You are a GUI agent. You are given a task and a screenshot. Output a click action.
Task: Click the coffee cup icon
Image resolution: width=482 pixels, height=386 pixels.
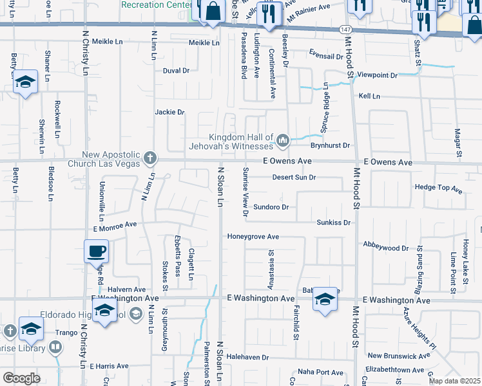click(97, 251)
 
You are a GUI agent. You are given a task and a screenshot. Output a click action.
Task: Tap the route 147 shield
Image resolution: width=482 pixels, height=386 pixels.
click(346, 30)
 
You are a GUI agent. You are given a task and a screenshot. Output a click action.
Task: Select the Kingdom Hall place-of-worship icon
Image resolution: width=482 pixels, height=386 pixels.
click(282, 140)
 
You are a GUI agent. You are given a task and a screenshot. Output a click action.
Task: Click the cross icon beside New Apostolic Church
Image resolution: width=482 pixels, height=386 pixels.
click(149, 158)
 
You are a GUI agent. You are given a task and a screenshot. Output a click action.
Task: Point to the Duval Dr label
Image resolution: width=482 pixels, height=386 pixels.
click(176, 71)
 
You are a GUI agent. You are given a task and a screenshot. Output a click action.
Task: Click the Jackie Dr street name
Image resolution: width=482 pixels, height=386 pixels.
click(169, 112)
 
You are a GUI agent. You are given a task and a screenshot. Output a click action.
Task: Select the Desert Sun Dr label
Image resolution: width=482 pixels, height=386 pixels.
click(294, 177)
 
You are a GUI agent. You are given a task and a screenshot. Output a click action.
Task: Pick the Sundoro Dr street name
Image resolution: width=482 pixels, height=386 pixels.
click(271, 207)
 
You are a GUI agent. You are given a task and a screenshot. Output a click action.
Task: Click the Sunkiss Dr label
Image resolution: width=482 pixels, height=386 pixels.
click(333, 223)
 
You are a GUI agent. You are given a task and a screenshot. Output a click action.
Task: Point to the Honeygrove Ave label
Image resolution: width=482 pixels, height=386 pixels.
click(253, 237)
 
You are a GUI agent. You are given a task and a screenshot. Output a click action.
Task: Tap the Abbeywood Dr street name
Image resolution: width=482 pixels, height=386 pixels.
click(386, 248)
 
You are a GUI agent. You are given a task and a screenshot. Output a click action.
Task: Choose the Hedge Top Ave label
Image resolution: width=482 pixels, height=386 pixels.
click(439, 188)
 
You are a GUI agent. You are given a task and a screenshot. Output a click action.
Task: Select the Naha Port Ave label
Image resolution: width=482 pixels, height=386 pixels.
click(320, 372)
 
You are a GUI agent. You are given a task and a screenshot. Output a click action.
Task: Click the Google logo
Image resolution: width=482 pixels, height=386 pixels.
click(21, 378)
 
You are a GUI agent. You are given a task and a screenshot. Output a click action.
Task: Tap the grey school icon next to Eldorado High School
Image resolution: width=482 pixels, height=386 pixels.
click(136, 313)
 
